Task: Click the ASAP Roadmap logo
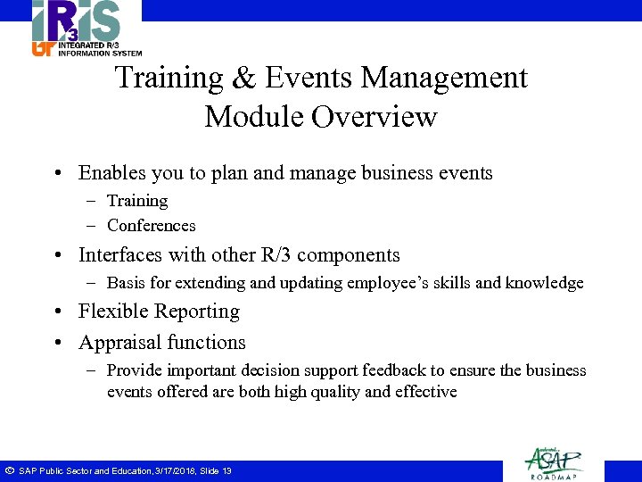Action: click(554, 461)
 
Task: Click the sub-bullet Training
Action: click(137, 201)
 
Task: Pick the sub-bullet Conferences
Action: click(151, 226)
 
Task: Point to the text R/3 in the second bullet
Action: click(272, 255)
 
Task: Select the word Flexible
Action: click(111, 312)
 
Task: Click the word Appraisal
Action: click(116, 343)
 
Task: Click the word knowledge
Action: click(544, 283)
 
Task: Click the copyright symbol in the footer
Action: click(8, 470)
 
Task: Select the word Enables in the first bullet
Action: click(111, 173)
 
